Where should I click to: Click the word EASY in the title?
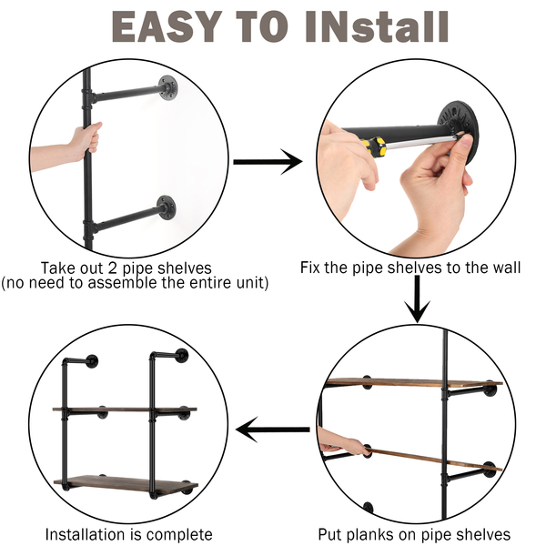coord(167,26)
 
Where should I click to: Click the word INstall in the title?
coord(377,26)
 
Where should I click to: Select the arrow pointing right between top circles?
coord(268,162)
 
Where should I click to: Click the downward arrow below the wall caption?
coord(417,298)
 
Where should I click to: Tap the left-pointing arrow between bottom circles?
coord(273,430)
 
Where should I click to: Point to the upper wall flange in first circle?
coord(168,87)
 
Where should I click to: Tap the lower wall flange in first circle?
coord(167,207)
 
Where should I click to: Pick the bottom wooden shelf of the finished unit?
coord(126,484)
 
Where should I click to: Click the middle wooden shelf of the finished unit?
coord(125,409)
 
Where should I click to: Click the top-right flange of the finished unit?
coord(181,355)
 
